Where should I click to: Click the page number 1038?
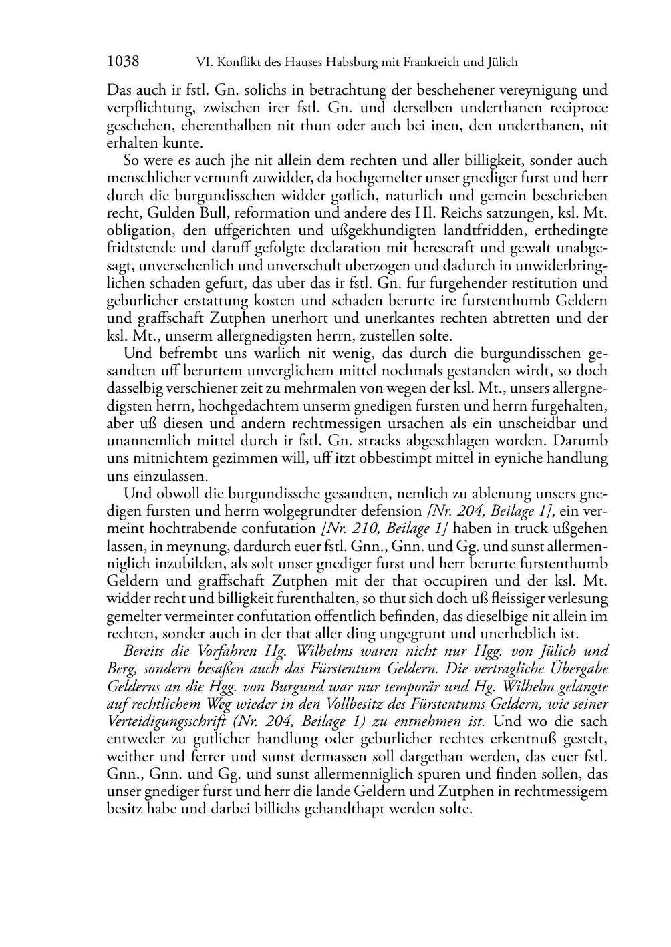[x=123, y=62]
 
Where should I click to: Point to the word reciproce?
[x=575, y=108]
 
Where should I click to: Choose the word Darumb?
[x=581, y=441]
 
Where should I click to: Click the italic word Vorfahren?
[x=226, y=651]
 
